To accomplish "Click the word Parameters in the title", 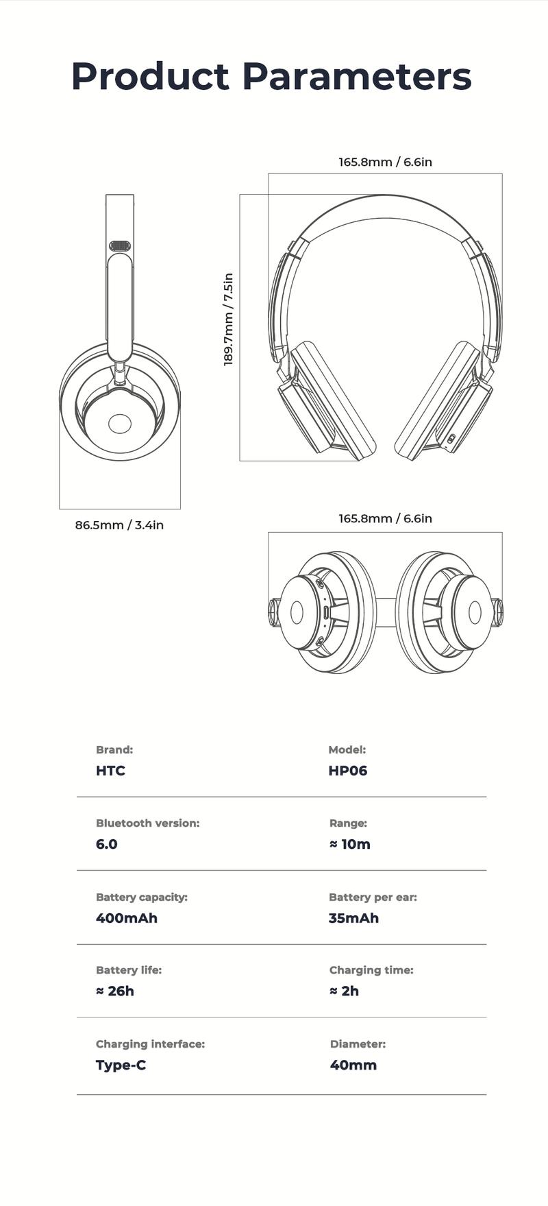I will pos(356,76).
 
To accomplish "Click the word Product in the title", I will pos(150,76).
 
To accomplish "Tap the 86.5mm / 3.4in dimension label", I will pos(119,525).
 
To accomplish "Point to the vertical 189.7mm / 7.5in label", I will pos(229,319).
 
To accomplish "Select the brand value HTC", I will pos(110,771).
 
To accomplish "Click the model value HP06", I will pos(347,771).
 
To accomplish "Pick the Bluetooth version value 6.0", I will pos(106,844).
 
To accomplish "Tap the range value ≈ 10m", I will pos(349,844).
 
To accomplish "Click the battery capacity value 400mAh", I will pos(126,918).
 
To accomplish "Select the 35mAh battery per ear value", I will pos(353,918).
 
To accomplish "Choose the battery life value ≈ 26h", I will pos(114,991).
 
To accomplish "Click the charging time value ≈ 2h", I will pos(344,991).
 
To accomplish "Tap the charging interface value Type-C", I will pos(121,1065).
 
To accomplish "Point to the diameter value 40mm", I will pos(353,1065).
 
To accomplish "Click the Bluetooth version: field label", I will pos(147,823).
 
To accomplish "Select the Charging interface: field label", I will pos(150,1044).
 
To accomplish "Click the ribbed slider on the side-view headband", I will pos(120,245).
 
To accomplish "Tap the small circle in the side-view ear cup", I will pos(119,424).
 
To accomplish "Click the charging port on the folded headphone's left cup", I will pos(326,612).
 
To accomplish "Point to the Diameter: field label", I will pos(358,1044).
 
